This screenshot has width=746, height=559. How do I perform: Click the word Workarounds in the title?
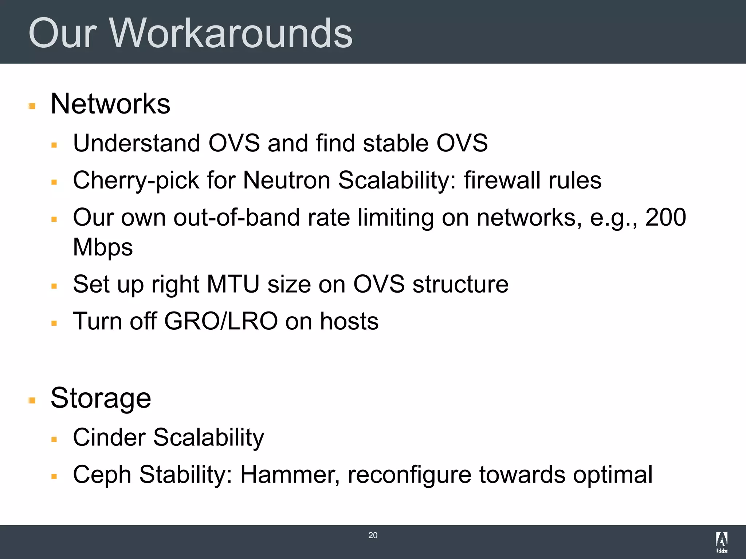pyautogui.click(x=231, y=33)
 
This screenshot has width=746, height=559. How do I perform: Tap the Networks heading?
pyautogui.click(x=110, y=104)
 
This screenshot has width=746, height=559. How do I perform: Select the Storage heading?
pyautogui.click(x=101, y=398)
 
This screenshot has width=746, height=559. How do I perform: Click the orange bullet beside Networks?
pyautogui.click(x=32, y=106)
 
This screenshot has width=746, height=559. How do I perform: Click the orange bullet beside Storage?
pyautogui.click(x=32, y=401)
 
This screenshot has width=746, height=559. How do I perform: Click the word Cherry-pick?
pyautogui.click(x=136, y=181)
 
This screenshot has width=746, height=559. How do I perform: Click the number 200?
pyautogui.click(x=665, y=218)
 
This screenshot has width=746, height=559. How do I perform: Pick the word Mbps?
pyautogui.click(x=103, y=248)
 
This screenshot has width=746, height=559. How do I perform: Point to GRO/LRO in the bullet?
pyautogui.click(x=221, y=321)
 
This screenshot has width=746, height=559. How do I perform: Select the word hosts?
pyautogui.click(x=349, y=321)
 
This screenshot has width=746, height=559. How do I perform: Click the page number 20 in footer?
pyautogui.click(x=373, y=535)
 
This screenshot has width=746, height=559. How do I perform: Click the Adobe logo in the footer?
pyautogui.click(x=721, y=542)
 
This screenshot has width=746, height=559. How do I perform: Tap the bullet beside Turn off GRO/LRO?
pyautogui.click(x=54, y=323)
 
